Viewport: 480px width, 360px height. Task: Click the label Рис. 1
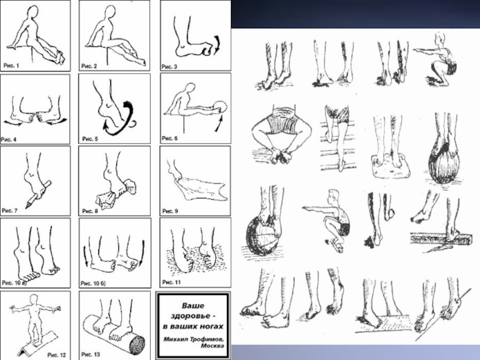click(x=11, y=65)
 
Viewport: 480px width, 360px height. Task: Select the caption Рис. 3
click(x=169, y=67)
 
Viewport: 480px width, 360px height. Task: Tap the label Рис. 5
click(x=90, y=139)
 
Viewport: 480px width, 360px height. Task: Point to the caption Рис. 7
click(x=10, y=211)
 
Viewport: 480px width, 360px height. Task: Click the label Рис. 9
click(x=170, y=211)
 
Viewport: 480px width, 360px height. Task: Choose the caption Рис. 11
click(x=172, y=282)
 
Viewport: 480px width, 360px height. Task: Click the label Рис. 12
click(x=56, y=355)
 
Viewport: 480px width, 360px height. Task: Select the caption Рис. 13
click(x=91, y=355)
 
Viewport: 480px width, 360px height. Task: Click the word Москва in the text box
click(x=212, y=346)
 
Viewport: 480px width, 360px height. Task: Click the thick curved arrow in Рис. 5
click(x=121, y=121)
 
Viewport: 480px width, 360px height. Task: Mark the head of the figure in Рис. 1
click(x=32, y=13)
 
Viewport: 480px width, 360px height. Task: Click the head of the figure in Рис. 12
click(x=34, y=299)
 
